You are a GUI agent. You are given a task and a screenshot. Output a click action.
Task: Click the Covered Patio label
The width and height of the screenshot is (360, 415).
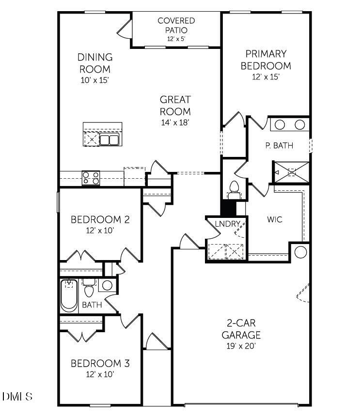click(x=176, y=25)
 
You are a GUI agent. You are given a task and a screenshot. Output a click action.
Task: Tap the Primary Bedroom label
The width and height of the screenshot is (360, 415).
click(x=266, y=60)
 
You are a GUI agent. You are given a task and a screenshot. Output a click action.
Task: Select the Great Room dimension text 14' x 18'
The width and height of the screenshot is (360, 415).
click(x=175, y=123)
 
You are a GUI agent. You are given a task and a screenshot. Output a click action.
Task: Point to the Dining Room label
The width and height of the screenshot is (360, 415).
click(x=95, y=63)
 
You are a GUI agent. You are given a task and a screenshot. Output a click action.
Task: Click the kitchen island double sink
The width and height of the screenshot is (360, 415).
click(x=110, y=140)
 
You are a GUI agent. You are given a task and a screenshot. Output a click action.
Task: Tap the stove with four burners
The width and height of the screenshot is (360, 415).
click(x=91, y=178)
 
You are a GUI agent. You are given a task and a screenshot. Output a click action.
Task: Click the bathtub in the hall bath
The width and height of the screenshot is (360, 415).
click(x=69, y=296)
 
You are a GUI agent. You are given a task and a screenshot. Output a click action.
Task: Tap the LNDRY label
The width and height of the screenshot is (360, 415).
click(x=225, y=224)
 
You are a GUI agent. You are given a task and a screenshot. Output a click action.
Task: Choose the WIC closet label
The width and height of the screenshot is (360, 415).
click(x=274, y=219)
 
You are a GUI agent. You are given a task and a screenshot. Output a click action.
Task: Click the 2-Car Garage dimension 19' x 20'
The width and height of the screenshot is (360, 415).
click(x=241, y=346)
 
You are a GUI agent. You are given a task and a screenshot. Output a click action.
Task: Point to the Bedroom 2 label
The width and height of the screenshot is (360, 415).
click(x=100, y=220)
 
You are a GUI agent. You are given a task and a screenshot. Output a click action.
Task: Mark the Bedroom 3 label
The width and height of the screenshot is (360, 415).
click(x=100, y=363)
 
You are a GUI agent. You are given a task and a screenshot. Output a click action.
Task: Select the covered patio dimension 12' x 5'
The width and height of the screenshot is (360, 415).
click(x=176, y=38)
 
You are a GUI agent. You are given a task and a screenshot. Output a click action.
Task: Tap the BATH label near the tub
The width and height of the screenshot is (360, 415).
click(x=92, y=305)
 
